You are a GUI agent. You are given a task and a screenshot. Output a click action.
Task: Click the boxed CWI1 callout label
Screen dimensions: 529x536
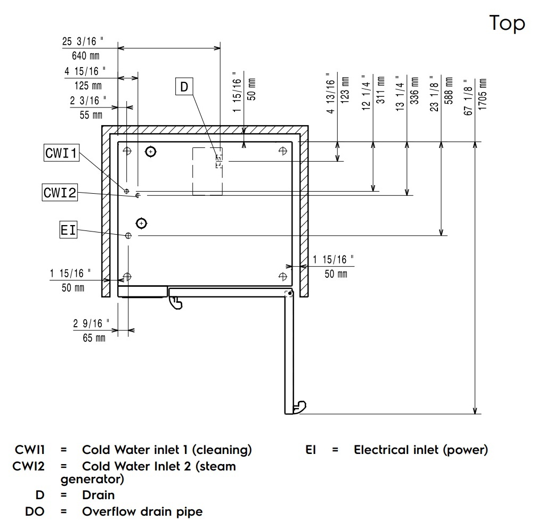pyautogui.click(x=61, y=154)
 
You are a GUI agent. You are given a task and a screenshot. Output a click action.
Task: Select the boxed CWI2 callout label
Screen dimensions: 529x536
pyautogui.click(x=60, y=193)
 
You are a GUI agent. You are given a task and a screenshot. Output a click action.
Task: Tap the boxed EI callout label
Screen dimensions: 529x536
pyautogui.click(x=68, y=230)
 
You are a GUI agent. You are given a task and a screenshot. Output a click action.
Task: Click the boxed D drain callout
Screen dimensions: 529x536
pyautogui.click(x=184, y=86)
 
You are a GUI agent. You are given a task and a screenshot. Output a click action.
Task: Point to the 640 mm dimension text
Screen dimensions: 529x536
pyautogui.click(x=84, y=55)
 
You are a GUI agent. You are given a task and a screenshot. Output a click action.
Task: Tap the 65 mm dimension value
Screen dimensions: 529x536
pyautogui.click(x=94, y=338)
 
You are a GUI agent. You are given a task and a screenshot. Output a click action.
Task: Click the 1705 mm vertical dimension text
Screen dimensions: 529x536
pyautogui.click(x=483, y=95)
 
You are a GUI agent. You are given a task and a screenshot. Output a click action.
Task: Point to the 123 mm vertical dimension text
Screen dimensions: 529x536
pyautogui.click(x=345, y=89)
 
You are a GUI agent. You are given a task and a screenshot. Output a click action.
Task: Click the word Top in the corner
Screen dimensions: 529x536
pyautogui.click(x=507, y=23)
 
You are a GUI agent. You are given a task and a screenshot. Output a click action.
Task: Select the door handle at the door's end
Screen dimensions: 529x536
pyautogui.click(x=299, y=407)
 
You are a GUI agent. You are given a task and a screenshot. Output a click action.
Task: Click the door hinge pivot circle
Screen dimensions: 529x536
pyautogui.click(x=290, y=293)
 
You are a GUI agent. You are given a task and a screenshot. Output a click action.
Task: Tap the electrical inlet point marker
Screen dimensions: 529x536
pyautogui.click(x=128, y=235)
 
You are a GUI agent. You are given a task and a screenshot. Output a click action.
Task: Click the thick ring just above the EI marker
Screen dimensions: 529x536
pyautogui.click(x=141, y=222)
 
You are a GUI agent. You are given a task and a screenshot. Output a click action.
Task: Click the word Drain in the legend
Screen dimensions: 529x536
pyautogui.click(x=98, y=495)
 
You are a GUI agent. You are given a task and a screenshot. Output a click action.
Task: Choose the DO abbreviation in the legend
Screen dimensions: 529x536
pyautogui.click(x=35, y=512)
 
